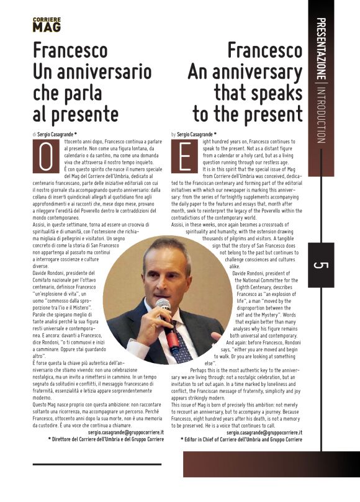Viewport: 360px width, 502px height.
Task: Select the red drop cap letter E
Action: (184, 156)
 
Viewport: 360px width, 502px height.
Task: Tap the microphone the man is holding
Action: (164, 310)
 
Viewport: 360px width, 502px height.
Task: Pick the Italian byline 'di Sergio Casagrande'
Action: (55, 134)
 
